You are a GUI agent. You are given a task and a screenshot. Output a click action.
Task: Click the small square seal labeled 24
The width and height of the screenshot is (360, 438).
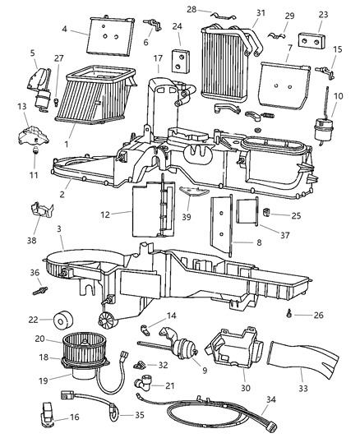[178, 62]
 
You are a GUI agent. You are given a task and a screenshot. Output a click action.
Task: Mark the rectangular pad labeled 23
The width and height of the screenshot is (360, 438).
[311, 41]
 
